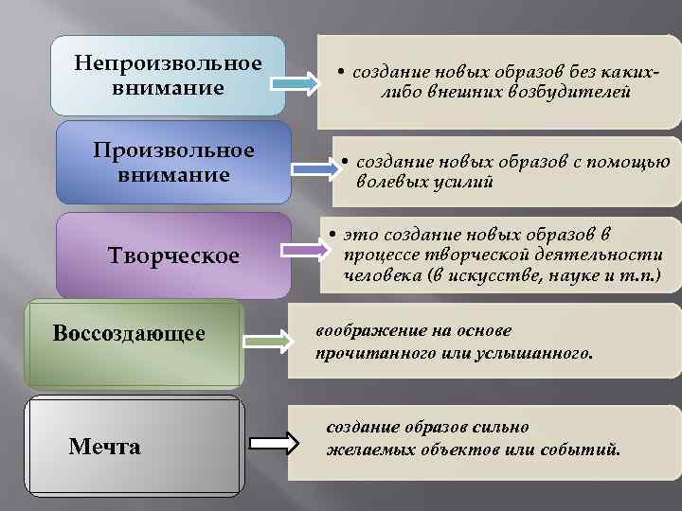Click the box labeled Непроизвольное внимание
click(168, 76)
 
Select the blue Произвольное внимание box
click(173, 162)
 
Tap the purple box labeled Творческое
click(173, 256)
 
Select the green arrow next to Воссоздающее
click(271, 341)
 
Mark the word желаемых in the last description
click(367, 449)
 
